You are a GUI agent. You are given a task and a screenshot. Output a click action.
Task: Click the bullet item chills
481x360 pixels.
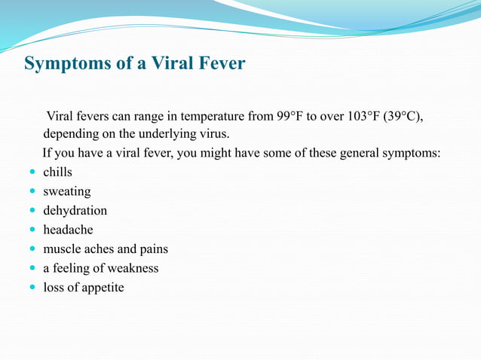(x=57, y=172)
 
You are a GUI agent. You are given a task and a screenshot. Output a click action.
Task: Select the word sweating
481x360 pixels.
(x=66, y=191)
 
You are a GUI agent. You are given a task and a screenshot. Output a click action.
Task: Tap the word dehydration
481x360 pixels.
(x=75, y=211)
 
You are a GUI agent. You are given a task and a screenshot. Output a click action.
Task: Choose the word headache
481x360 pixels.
(x=68, y=230)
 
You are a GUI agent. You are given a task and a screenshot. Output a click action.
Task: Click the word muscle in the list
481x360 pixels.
(x=62, y=249)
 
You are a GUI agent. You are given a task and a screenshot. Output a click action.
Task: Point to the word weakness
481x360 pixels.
(x=133, y=268)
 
